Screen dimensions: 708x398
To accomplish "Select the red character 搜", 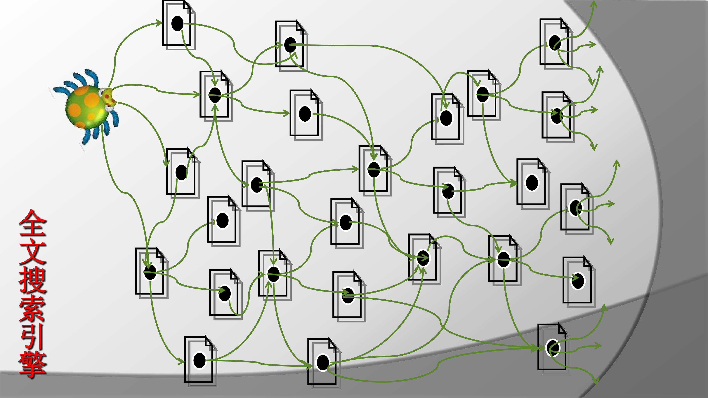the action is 32,280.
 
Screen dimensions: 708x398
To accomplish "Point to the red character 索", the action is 32,308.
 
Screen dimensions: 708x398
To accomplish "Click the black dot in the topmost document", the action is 177,23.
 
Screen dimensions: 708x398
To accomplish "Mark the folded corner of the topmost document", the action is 188,6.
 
